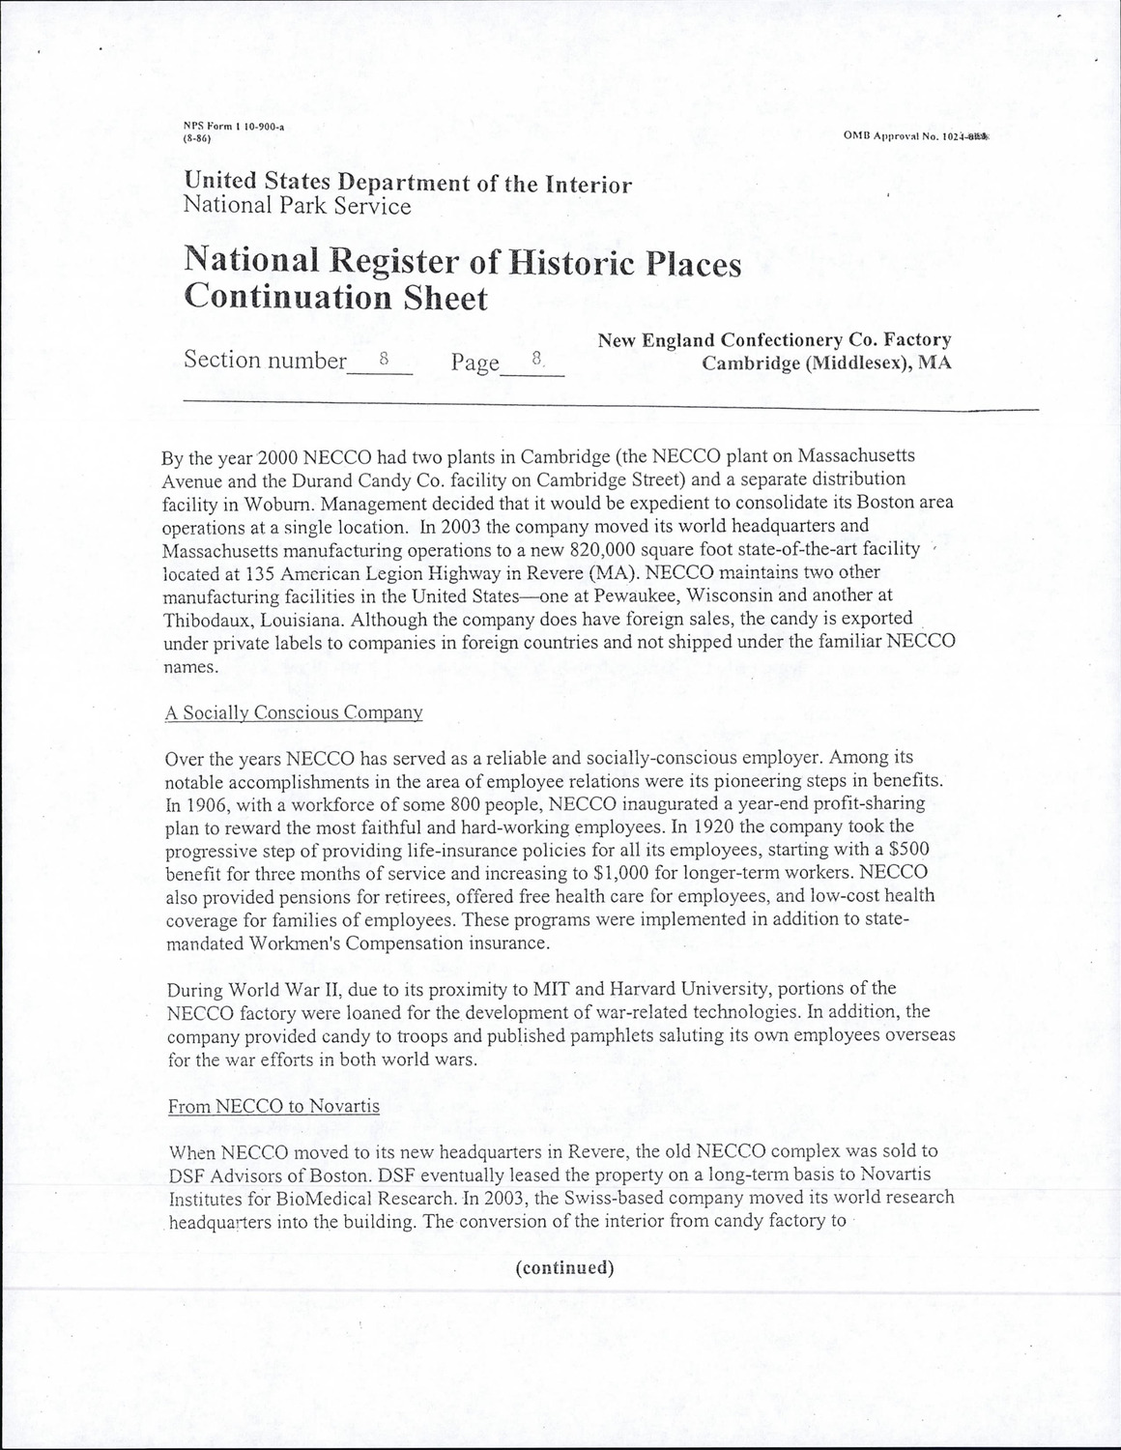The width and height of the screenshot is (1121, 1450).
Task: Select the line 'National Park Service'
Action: point(297,206)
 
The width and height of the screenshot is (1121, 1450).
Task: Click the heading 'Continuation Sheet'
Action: point(335,297)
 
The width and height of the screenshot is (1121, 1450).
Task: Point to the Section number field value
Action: point(383,358)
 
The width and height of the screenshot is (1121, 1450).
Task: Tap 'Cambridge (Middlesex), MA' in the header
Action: point(826,363)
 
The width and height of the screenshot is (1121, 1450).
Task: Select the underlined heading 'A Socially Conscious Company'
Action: point(294,713)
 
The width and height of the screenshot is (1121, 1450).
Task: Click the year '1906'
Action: point(212,804)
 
